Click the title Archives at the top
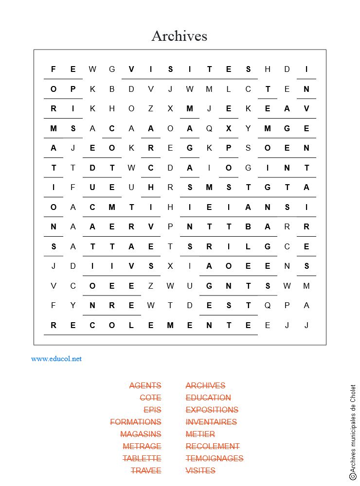point(179,36)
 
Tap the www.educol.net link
point(56,359)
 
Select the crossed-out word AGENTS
point(145,385)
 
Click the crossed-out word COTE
point(150,398)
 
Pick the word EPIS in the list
point(152,410)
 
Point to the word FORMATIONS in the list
point(136,422)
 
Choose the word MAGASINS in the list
point(141,434)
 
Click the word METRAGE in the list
point(142,446)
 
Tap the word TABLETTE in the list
point(142,458)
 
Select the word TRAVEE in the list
point(146,470)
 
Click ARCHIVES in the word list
point(205,385)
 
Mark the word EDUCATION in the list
point(208,398)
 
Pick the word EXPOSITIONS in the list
point(212,410)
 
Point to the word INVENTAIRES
point(211,422)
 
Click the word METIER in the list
point(200,434)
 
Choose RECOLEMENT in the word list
point(213,446)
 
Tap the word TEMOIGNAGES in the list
point(215,458)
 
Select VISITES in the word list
point(200,470)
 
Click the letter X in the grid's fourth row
point(229,128)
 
